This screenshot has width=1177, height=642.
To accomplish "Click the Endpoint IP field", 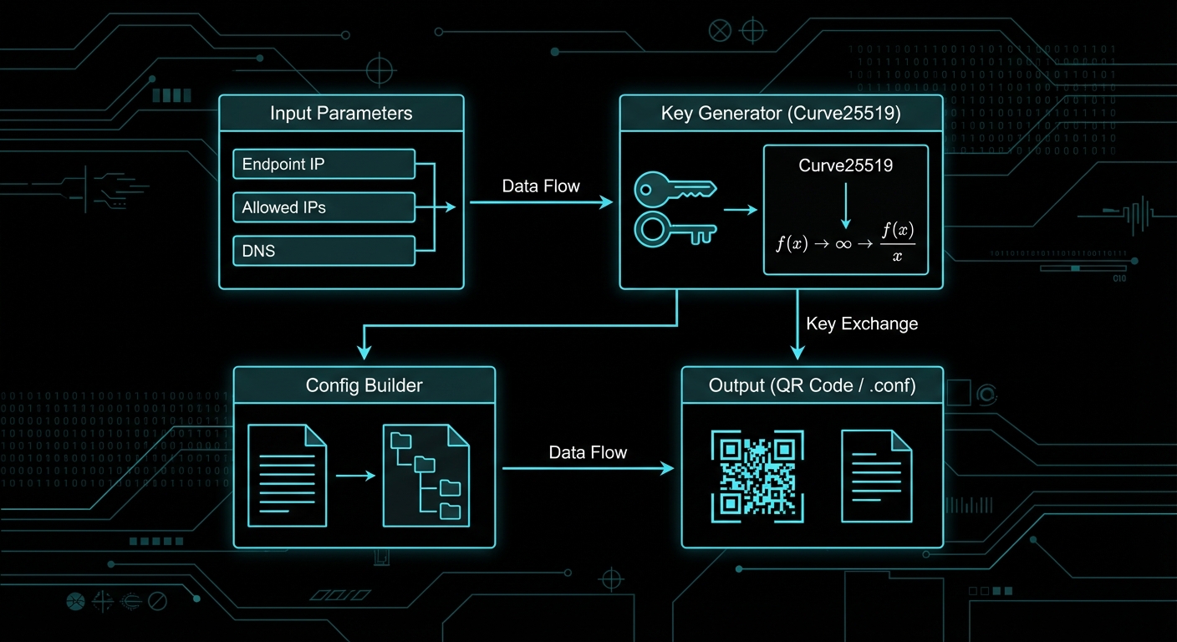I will [324, 164].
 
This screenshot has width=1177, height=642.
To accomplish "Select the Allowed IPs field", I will [324, 207].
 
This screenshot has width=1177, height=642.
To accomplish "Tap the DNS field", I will [324, 250].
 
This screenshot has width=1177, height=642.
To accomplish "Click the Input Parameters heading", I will [341, 113].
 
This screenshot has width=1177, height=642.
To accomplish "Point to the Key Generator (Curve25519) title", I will [780, 113].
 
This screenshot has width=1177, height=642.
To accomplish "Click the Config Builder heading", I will [364, 385].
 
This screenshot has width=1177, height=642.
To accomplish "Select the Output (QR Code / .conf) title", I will [812, 385].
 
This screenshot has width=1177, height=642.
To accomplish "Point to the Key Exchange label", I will [862, 324].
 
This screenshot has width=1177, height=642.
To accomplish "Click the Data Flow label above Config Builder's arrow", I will [588, 452].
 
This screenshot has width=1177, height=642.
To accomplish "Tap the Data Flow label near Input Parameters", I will [541, 186].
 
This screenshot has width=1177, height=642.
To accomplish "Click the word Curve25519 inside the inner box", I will [846, 166].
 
